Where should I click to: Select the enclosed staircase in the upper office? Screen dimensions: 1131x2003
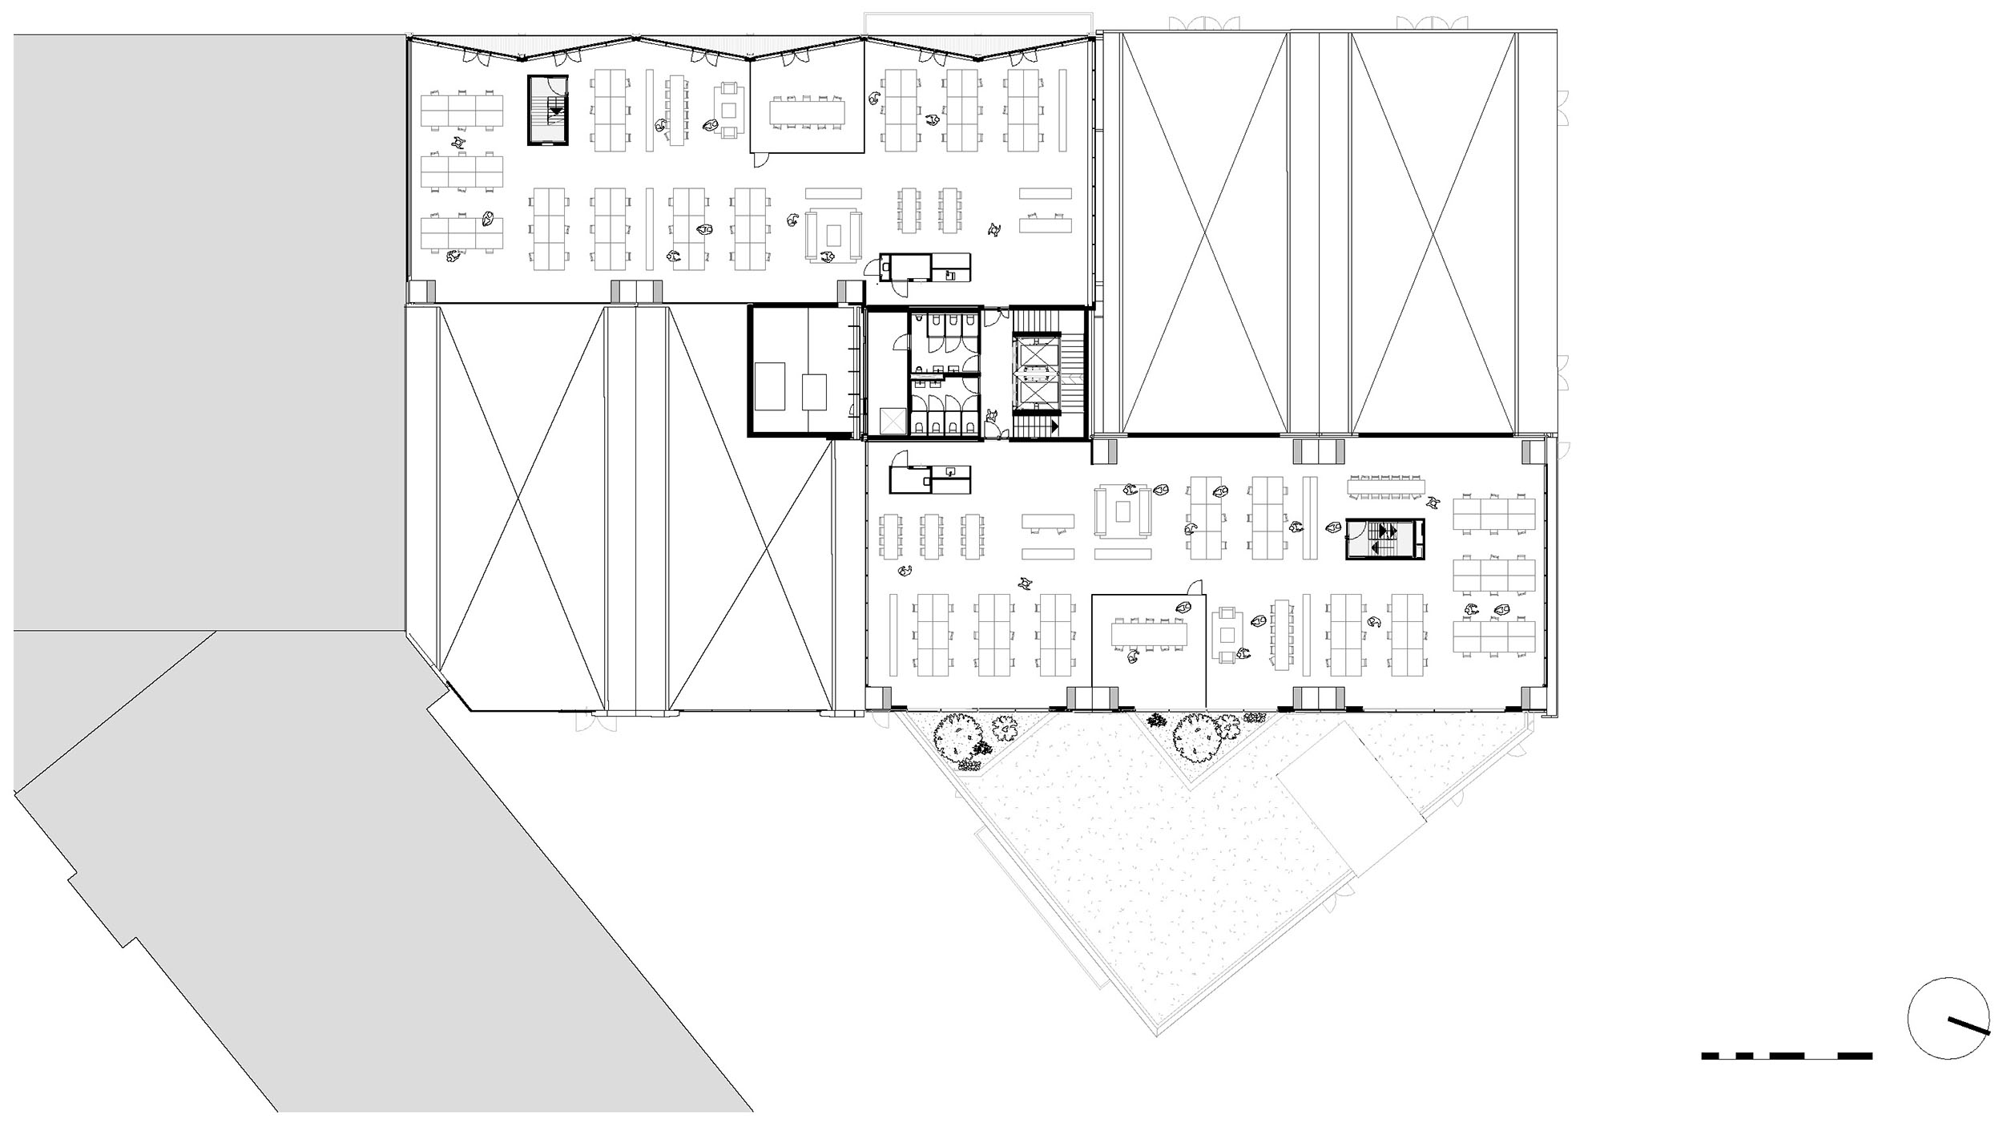click(547, 111)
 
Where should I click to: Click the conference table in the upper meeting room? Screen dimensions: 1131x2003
click(808, 111)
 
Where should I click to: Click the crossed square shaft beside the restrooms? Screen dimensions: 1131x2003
click(892, 420)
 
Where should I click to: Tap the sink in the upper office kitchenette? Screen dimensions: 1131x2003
click(950, 275)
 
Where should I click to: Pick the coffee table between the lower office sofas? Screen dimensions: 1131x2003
click(1125, 511)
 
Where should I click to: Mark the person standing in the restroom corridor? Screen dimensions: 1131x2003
click(993, 416)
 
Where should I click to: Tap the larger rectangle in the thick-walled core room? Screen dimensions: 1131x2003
click(771, 384)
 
